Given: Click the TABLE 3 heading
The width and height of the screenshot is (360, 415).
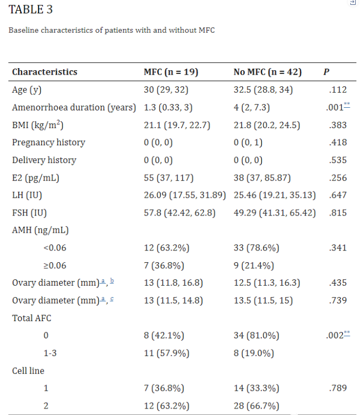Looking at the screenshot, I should [31, 10].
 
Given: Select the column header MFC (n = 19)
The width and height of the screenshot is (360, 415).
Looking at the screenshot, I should [171, 72].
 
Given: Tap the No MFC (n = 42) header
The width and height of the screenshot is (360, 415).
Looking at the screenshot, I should [267, 72].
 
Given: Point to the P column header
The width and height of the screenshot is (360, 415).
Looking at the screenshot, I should [326, 72].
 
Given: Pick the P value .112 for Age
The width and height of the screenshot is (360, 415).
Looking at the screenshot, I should [336, 90].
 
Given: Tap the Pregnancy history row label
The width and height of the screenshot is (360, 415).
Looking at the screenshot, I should [48, 143].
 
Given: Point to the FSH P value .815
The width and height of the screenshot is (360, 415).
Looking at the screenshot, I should [336, 213].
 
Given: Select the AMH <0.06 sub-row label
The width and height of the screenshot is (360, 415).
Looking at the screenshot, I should [55, 248].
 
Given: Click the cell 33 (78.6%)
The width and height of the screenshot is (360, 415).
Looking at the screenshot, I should [256, 248].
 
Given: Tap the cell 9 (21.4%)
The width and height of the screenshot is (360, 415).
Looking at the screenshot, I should [254, 265].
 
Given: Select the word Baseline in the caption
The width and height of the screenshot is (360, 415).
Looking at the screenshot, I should [24, 31].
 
